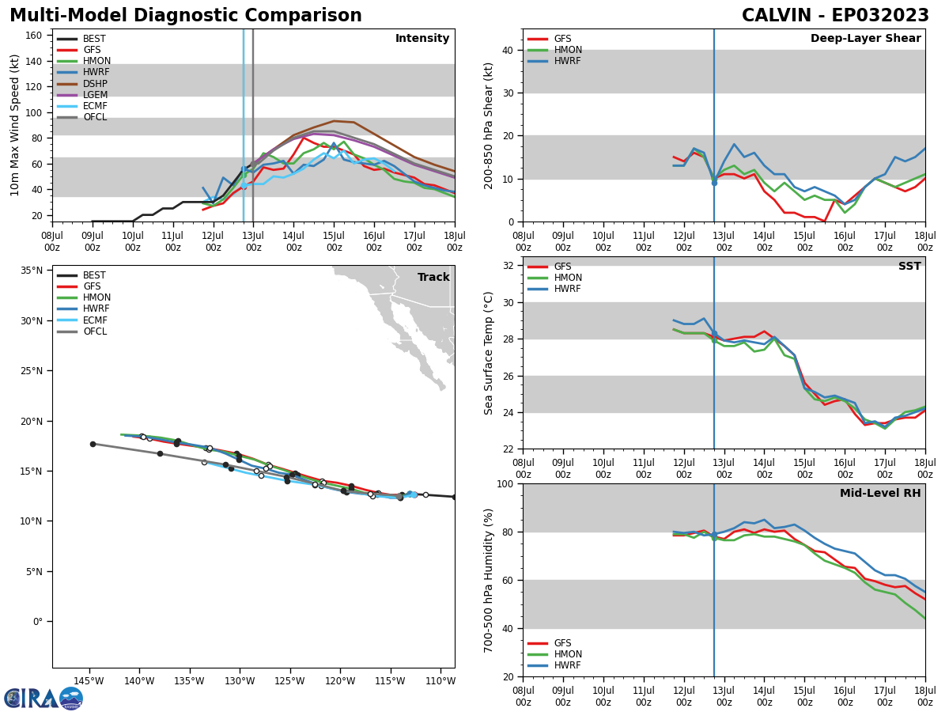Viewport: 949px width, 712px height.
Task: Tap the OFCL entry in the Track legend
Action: pos(94,331)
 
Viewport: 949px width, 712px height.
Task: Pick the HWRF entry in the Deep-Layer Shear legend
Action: pos(565,61)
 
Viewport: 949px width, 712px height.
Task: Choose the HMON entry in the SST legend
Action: pos(568,278)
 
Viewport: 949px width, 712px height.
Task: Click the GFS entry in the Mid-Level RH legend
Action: pos(562,643)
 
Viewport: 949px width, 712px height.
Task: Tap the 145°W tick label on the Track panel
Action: pos(89,681)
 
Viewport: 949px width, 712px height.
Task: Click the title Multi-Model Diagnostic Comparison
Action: pos(186,16)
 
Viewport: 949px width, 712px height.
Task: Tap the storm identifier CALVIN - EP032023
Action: pos(835,16)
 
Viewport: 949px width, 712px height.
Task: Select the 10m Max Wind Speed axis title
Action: pos(15,125)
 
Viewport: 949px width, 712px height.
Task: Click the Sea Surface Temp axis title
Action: pos(489,353)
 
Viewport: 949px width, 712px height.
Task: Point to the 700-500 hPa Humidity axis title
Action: pos(489,580)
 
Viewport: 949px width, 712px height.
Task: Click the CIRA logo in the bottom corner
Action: pos(43,698)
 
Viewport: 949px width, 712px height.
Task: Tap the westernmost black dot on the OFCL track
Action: pos(93,444)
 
